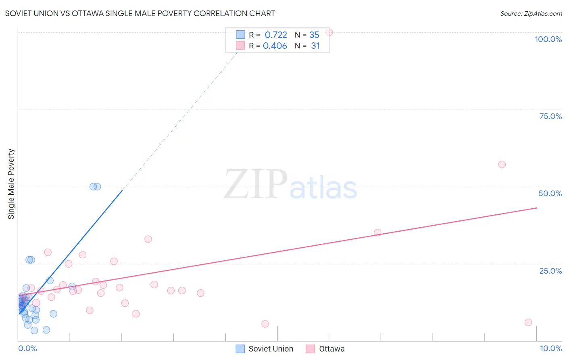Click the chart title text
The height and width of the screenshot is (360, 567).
coord(140,13)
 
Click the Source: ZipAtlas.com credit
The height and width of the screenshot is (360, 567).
coord(531,13)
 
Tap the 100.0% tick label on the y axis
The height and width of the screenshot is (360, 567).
coord(548,39)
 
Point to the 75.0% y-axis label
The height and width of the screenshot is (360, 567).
coord(550,116)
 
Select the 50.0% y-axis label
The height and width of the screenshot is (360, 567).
coord(550,193)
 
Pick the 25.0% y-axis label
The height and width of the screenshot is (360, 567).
coord(550,271)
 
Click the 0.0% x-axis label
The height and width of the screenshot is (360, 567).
coord(27,348)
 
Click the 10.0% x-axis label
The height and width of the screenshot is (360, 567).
coord(550,348)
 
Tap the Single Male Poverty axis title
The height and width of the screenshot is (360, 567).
coord(11,184)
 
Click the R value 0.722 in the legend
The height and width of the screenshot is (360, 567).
coord(276,35)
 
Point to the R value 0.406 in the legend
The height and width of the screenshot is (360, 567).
coord(275,46)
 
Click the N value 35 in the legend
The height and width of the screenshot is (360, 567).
coord(314,35)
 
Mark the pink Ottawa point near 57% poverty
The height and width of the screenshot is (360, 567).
coord(502,164)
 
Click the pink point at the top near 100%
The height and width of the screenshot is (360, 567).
coord(329,32)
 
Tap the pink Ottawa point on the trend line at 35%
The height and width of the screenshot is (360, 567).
coord(377,232)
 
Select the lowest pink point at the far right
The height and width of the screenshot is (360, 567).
coord(528,322)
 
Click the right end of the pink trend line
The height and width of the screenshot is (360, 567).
coord(536,208)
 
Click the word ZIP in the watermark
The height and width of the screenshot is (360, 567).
coord(255,184)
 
